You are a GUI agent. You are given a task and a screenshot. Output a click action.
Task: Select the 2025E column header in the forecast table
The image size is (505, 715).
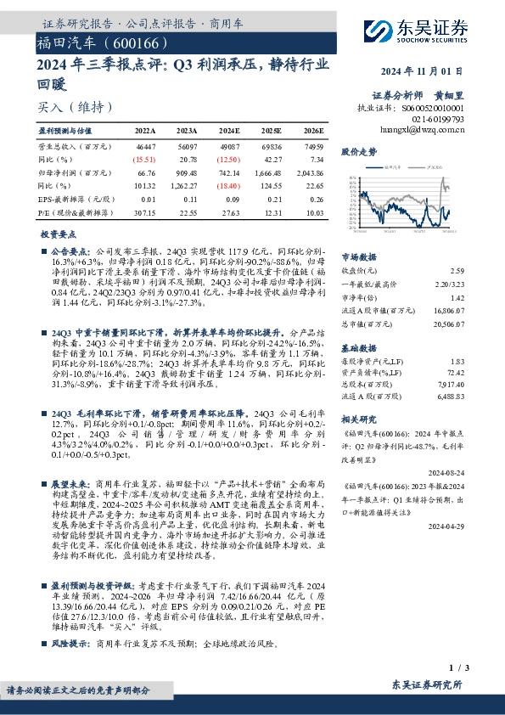pyautogui.click(x=272, y=132)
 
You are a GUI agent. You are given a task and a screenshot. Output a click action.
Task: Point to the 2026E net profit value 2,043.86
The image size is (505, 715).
pyautogui.click(x=309, y=173)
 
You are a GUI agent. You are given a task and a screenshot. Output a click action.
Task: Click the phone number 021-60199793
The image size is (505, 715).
pyautogui.click(x=440, y=120)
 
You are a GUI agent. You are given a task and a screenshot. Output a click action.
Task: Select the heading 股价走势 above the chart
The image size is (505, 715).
pyautogui.click(x=358, y=151)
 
